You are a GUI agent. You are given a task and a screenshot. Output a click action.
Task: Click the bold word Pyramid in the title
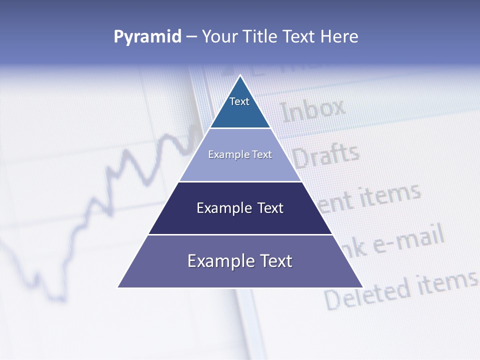tap(147, 37)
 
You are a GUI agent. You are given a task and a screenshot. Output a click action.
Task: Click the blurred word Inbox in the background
tap(313, 110)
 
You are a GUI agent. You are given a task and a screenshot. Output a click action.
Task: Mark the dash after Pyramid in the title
tap(191, 37)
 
